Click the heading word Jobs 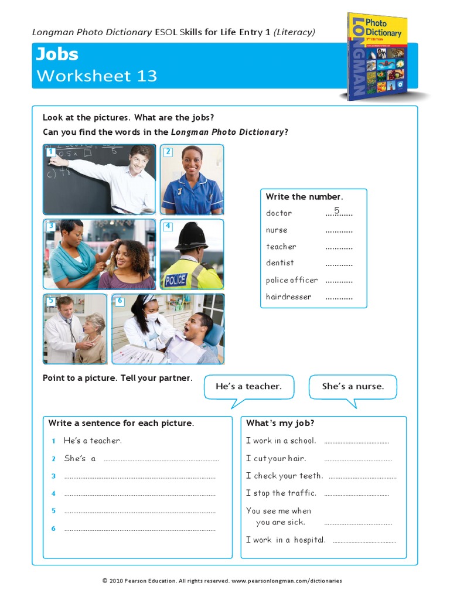click(57, 54)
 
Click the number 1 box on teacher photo click(51, 152)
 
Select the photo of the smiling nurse click(192, 179)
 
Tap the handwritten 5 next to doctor click(337, 210)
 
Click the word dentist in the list click(280, 263)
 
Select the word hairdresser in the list click(289, 297)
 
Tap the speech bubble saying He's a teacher click(248, 387)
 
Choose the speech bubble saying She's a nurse click(353, 387)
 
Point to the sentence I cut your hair click(276, 458)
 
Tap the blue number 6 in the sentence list click(53, 529)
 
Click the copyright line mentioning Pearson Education click(222, 581)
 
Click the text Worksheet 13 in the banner click(97, 76)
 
